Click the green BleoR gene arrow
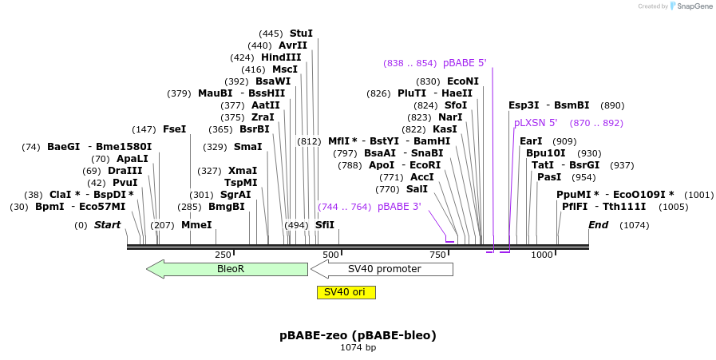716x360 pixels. [x=227, y=269]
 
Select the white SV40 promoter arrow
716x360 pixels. [x=383, y=269]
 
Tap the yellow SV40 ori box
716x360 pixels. [x=346, y=292]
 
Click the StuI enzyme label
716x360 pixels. [x=301, y=34]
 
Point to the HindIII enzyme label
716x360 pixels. [x=281, y=57]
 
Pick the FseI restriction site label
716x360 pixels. [x=174, y=129]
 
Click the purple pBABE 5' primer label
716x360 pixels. [x=465, y=63]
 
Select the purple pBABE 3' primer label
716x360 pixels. [x=399, y=207]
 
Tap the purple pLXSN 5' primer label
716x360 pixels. [x=536, y=123]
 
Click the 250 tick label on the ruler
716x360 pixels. [x=223, y=255]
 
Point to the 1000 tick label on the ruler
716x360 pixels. [x=542, y=255]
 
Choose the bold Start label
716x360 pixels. [x=107, y=225]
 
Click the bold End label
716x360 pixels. [x=599, y=225]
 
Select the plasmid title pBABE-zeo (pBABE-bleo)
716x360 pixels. [x=358, y=335]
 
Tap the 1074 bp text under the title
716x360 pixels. [x=358, y=348]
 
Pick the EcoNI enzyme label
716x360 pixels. [x=463, y=81]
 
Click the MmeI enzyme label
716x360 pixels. [x=196, y=225]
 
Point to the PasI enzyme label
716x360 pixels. [x=549, y=177]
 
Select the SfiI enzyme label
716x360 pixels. [x=325, y=225]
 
